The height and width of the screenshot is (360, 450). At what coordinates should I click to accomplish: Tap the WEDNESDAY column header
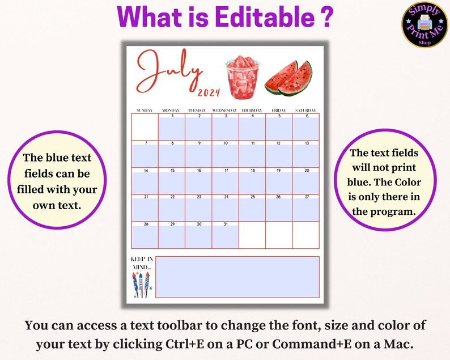point(225,109)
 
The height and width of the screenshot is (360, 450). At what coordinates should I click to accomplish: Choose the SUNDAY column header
point(145,109)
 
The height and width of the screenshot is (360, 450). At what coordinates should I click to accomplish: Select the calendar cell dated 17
point(225,181)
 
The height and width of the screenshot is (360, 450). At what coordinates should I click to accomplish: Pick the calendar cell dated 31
point(225,235)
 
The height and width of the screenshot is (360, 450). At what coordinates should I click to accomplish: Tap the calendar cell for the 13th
point(306,154)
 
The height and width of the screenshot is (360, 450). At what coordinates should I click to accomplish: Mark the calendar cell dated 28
point(145,235)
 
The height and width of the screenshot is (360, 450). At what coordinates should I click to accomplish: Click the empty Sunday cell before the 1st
point(145,127)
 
